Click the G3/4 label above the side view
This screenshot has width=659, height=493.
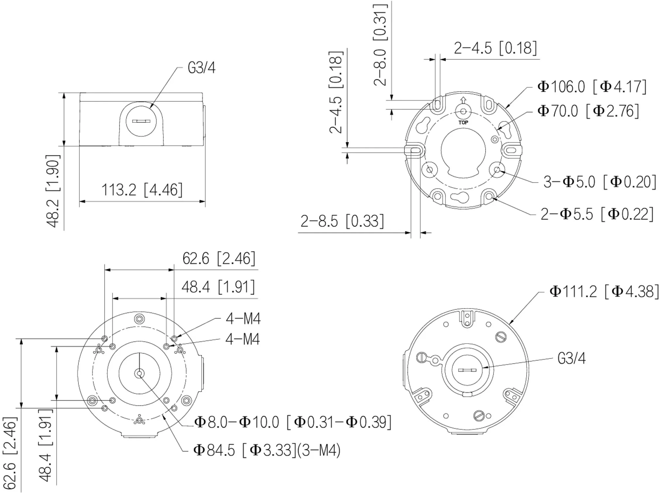[x=201, y=68]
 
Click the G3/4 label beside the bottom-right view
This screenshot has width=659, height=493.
[x=571, y=358]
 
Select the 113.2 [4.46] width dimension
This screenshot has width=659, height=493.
[x=142, y=190]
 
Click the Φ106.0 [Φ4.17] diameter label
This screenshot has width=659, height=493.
[x=591, y=87]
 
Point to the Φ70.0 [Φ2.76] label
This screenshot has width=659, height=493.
[x=588, y=111]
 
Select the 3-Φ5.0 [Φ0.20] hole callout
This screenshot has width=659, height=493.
[x=599, y=182]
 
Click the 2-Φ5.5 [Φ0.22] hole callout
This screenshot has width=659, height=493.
[x=597, y=214]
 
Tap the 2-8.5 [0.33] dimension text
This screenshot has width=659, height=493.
[x=342, y=221]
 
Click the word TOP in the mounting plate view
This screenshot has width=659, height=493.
[x=463, y=122]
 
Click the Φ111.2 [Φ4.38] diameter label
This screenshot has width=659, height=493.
[x=604, y=292]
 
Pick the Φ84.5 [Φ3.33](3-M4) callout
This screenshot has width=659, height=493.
[x=267, y=450]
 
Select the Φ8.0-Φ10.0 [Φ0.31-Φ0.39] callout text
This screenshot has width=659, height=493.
[x=293, y=422]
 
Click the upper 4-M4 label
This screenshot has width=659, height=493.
[x=243, y=319]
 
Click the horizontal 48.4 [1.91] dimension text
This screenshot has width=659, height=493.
[x=218, y=287]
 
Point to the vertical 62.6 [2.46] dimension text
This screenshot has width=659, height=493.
[x=10, y=453]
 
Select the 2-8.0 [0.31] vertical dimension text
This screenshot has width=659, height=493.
[x=380, y=45]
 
